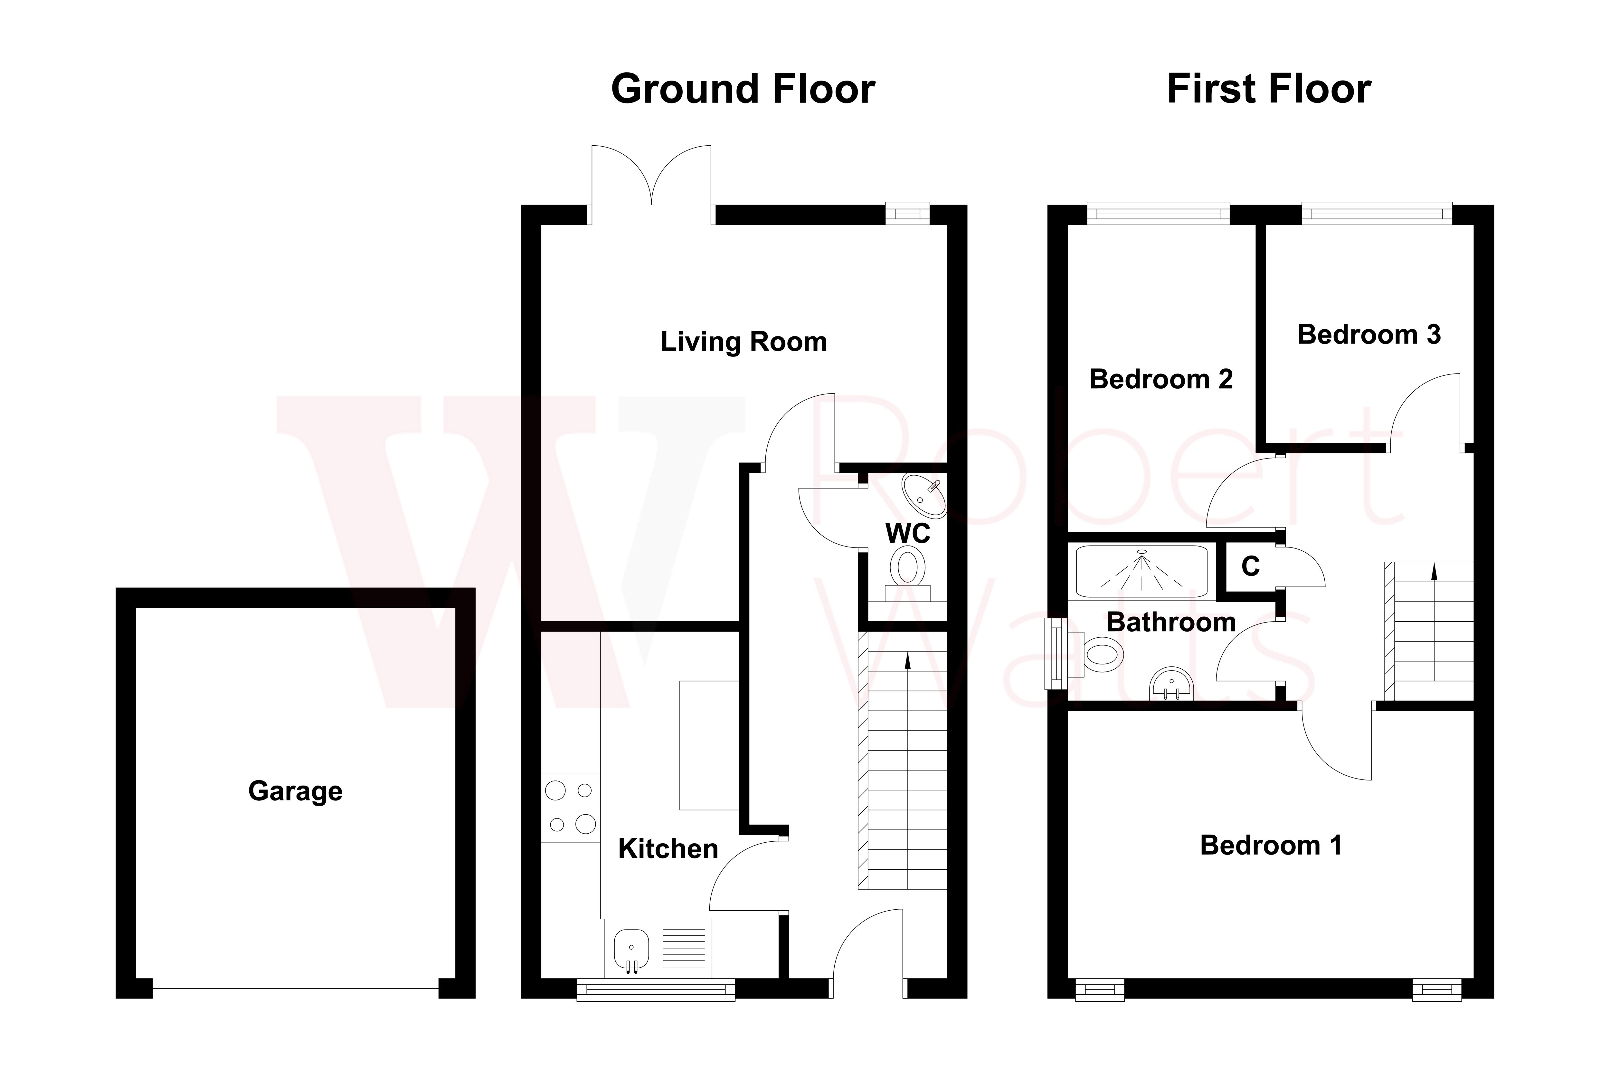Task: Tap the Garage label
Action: (295, 791)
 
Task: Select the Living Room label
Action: (743, 342)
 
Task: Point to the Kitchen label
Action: (668, 849)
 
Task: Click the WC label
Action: (908, 534)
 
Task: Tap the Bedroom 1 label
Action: (1271, 846)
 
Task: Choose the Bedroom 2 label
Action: (1161, 380)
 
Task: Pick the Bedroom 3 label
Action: (1369, 335)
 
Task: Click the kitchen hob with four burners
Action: (570, 808)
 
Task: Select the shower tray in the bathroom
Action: (1141, 571)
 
